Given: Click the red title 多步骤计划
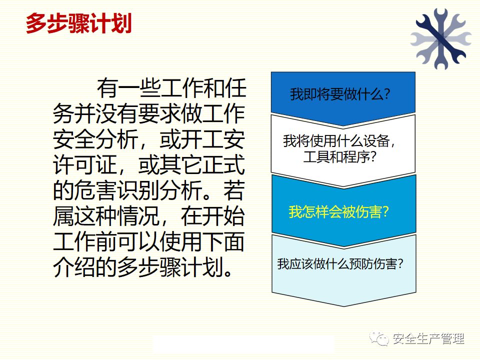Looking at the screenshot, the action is coord(79,23).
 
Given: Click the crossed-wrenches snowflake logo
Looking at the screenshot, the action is coord(440,38).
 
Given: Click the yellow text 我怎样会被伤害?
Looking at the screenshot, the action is coord(339,211).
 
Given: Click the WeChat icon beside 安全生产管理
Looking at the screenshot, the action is coord(379,338).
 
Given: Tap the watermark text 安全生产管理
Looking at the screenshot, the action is coord(428,338).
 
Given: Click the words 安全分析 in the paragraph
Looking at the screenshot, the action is coord(95,139).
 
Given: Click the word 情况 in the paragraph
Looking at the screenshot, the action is coord(138,216).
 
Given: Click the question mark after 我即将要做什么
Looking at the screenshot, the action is coord(387,93).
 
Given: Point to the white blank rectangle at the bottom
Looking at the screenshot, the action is coord(243,343).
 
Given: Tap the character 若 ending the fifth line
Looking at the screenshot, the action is coord(233,190).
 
